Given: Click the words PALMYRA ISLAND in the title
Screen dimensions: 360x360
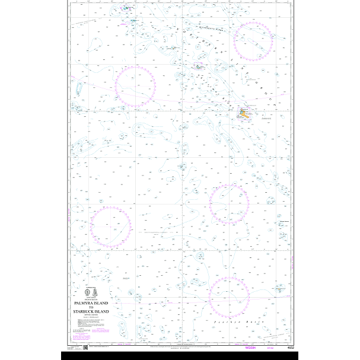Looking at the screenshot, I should [95, 302].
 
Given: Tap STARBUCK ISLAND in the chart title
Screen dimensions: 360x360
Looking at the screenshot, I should [95, 310].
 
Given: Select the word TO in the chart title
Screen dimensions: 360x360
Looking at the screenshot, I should [95, 307].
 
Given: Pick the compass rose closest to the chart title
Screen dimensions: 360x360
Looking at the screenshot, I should [110, 226].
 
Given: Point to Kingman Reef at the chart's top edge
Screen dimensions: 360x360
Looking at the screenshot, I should [126, 8].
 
